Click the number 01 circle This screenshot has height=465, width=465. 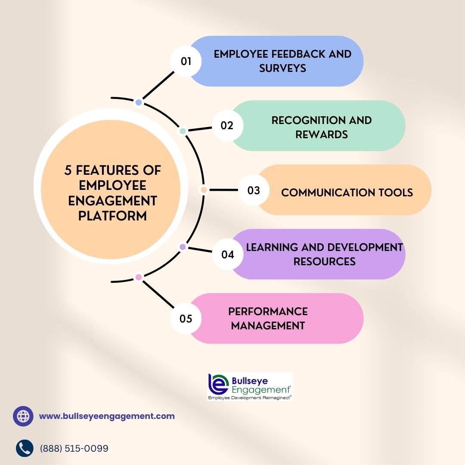pos(186,62)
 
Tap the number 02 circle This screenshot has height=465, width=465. pos(227,125)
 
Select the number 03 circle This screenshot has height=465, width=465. pos(254,190)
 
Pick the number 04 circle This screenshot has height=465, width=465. pos(227,254)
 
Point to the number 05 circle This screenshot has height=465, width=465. pos(186,319)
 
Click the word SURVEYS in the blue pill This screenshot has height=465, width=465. pos(282,68)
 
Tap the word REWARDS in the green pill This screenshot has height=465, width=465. pos(322,135)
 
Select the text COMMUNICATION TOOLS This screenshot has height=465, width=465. pos(347,193)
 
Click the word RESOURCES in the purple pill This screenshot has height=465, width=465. pos(325,262)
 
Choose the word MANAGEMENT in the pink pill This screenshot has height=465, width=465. pos(268,325)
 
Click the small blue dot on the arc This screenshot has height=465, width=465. pos(139,102)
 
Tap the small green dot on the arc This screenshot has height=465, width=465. pos(183,131)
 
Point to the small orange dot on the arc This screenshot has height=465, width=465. pos(204,190)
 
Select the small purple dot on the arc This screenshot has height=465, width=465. pos(183,247)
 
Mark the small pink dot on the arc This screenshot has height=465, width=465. pos(139,277)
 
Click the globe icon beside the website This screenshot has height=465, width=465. pos(23,416)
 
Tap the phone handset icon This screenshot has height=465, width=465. pos(25,448)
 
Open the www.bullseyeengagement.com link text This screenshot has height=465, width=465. pos(107,416)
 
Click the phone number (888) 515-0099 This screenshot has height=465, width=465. pos(74,448)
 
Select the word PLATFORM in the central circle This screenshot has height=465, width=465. pos(112,216)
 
